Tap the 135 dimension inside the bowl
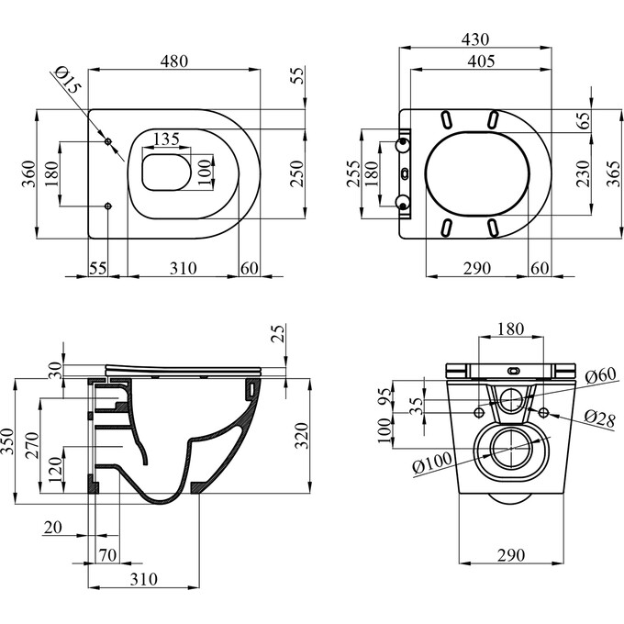[x=166, y=139]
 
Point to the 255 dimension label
[x=351, y=173]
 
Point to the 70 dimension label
[x=108, y=556]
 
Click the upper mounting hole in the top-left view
[x=109, y=142]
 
